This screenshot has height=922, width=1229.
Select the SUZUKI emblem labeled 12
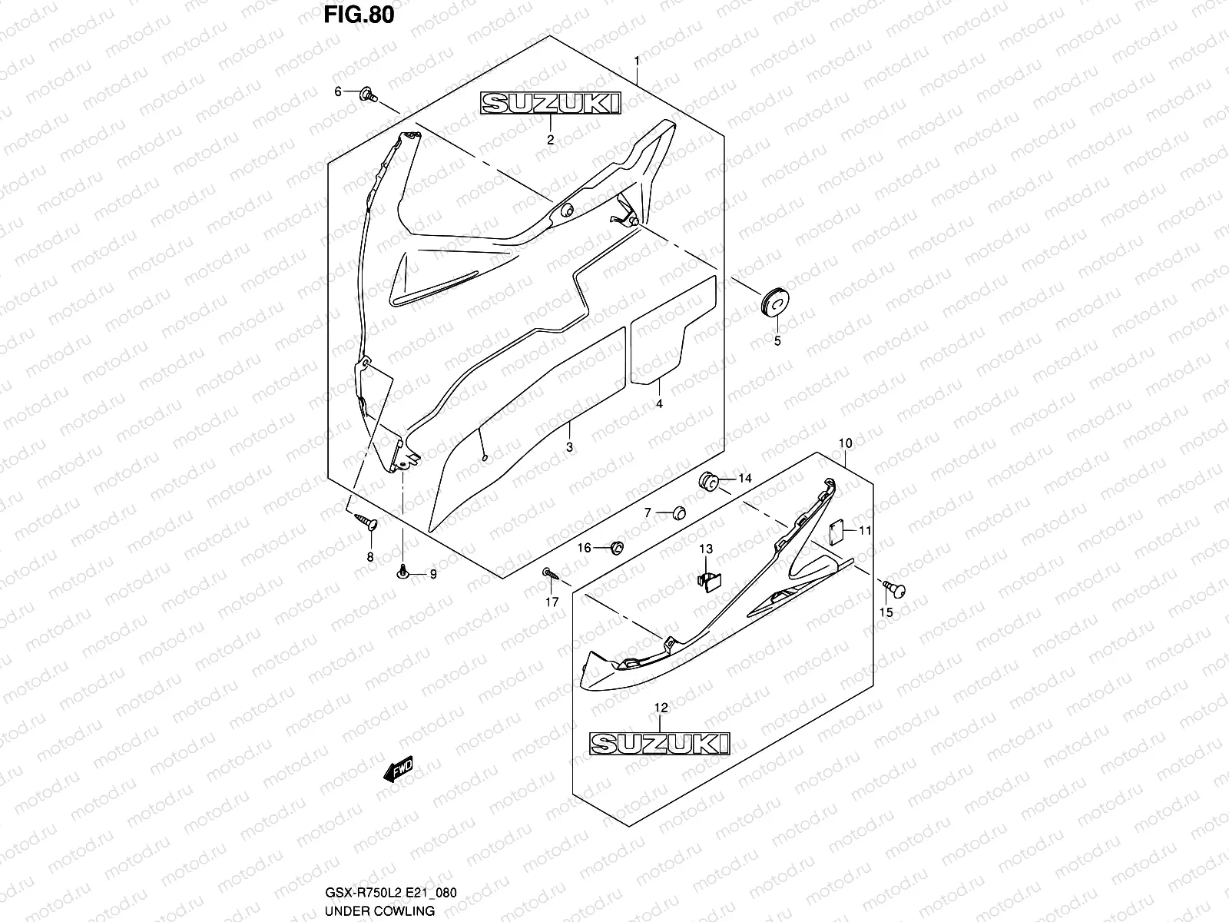660,743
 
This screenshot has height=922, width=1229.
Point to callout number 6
337,92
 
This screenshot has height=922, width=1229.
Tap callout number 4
659,403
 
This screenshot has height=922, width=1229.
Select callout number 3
569,446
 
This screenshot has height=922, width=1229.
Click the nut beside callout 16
615,548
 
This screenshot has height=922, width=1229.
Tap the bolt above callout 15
894,589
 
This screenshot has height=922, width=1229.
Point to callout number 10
845,443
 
